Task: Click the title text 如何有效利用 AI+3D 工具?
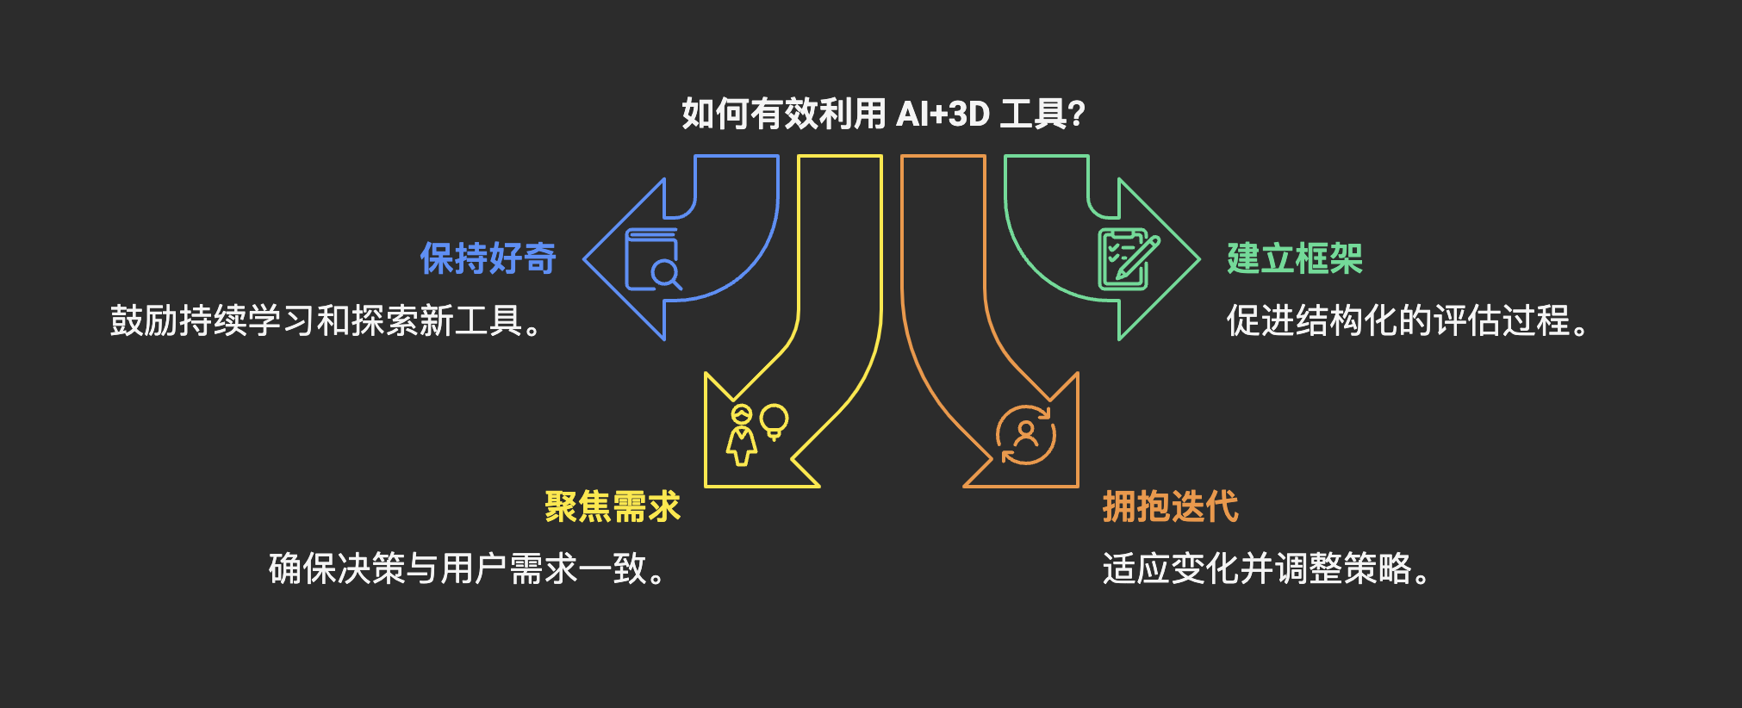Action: point(883,114)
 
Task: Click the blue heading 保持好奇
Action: point(488,258)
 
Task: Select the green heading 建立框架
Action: point(1295,258)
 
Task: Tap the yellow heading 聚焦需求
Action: point(612,506)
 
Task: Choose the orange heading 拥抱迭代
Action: point(1170,506)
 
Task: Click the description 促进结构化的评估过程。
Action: point(1407,320)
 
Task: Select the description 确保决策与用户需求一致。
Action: point(466,568)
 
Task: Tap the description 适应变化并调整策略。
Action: point(1266,568)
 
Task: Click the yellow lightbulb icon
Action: point(774,421)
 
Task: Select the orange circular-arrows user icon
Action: point(1026,435)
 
